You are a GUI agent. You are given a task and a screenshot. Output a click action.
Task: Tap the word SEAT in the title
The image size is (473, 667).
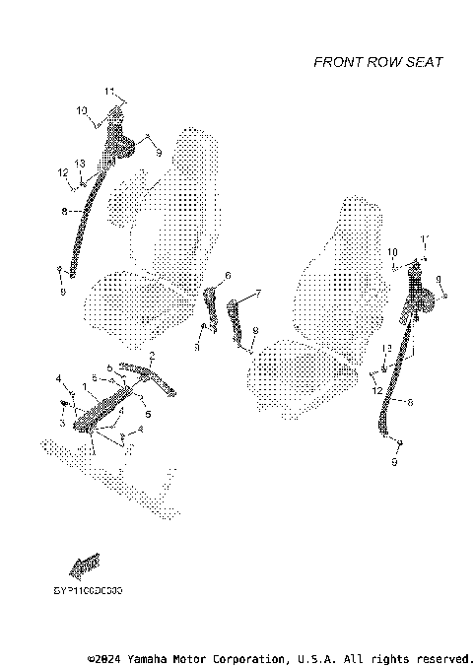coord(425,62)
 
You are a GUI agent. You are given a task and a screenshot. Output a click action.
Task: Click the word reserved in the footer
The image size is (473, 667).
coord(442,657)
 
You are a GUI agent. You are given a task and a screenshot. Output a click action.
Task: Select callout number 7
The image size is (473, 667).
coord(257,293)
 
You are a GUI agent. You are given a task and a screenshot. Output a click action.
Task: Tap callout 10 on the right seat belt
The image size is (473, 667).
coord(392,252)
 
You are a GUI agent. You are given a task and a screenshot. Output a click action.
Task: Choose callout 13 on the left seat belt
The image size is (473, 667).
coord(80,163)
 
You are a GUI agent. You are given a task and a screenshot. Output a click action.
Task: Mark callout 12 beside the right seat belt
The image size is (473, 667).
coord(378,390)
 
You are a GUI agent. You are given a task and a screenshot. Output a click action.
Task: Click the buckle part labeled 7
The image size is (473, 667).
coord(237,320)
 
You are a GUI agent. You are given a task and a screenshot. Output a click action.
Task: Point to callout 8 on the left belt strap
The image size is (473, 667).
coord(65,210)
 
